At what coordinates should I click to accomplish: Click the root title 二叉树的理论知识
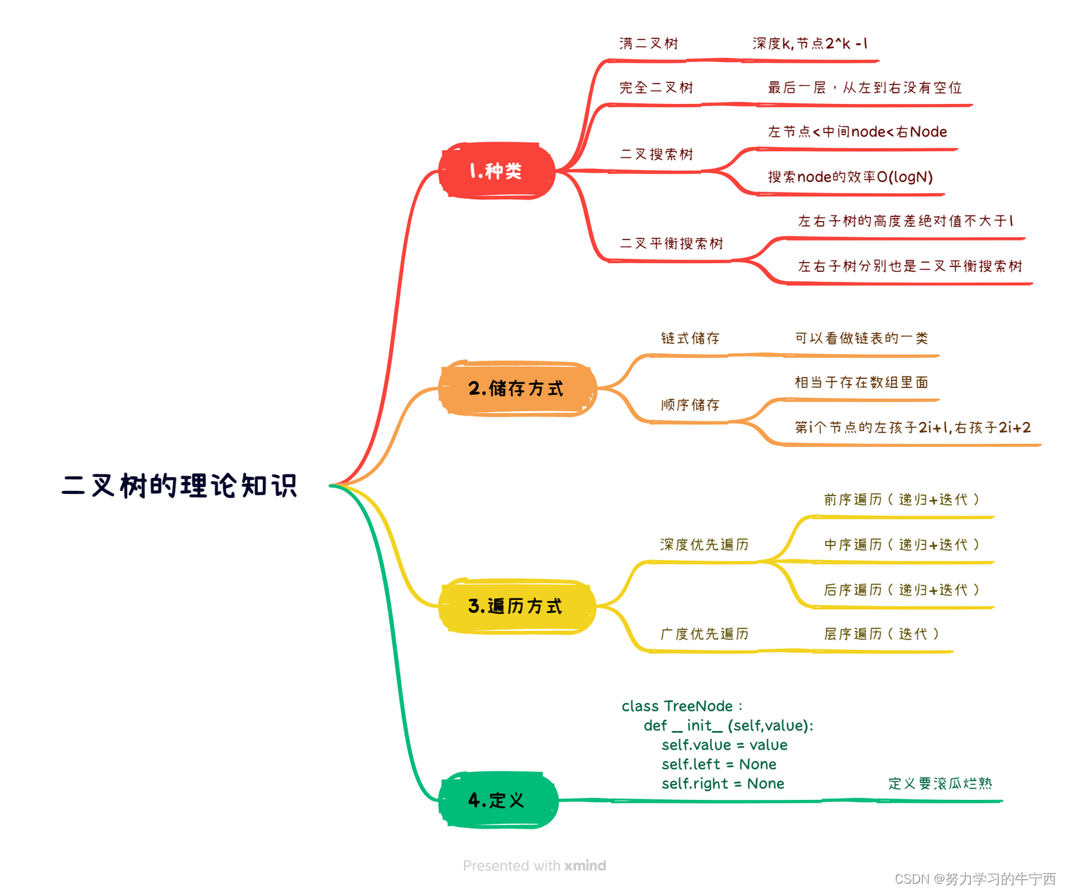pos(179,486)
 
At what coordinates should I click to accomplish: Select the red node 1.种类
pos(496,171)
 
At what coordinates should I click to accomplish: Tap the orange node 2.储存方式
pos(516,388)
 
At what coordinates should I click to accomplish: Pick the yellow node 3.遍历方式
pos(515,606)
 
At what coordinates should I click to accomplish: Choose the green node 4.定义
pos(497,800)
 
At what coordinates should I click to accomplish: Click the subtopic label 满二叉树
pos(649,43)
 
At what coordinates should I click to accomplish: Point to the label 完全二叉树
pos(656,88)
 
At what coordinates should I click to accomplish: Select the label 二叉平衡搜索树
pos(672,243)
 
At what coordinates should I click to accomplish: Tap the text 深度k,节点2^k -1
pos(810,43)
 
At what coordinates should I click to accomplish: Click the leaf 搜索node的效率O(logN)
pos(850,177)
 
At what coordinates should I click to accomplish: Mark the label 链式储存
pos(690,338)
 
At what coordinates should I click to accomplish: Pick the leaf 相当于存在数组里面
pos(861,382)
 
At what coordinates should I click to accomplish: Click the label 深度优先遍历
pos(704,545)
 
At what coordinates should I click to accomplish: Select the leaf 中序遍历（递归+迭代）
pos(902,545)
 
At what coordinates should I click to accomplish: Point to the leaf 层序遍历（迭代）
pos(881,634)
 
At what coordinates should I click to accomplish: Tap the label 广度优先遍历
pos(704,634)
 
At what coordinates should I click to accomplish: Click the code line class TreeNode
pos(681,706)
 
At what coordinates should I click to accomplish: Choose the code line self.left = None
pos(718,764)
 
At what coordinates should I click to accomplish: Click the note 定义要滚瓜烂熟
pos(939,783)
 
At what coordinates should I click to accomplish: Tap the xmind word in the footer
pos(585,865)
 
